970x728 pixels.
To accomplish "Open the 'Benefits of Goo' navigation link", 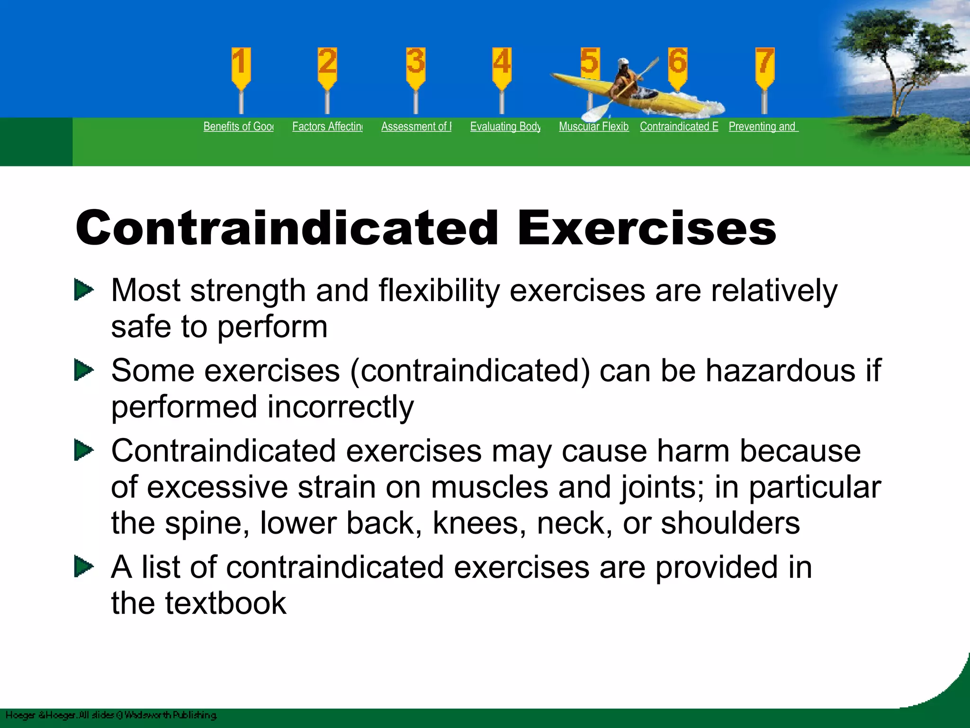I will [x=238, y=127].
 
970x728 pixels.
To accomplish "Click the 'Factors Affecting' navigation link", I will [x=327, y=127].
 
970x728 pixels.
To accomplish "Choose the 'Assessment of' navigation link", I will [x=416, y=127].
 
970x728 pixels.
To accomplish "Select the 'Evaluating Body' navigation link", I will [x=505, y=127].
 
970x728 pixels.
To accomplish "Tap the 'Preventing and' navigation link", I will [x=763, y=127].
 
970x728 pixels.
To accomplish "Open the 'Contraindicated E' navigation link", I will [x=679, y=127].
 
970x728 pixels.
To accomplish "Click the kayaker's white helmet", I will [x=623, y=63].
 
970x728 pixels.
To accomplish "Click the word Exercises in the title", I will [x=647, y=228].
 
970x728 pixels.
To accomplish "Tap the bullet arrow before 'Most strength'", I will [x=84, y=290].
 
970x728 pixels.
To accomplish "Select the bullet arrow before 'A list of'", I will [x=84, y=567].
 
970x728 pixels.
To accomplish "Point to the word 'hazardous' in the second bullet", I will [x=780, y=371].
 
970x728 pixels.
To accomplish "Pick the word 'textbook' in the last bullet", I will [x=225, y=603].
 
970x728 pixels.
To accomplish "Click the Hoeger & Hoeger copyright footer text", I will [x=111, y=715].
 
